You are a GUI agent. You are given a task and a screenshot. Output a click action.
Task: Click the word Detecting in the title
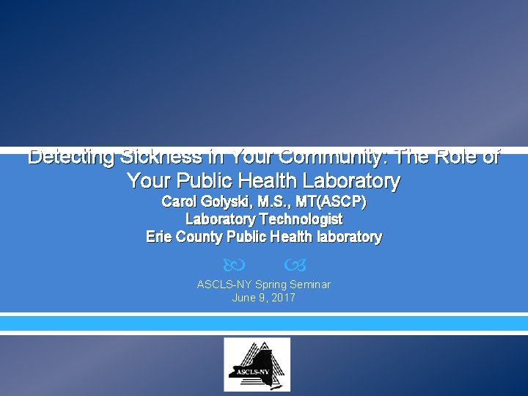coord(71,157)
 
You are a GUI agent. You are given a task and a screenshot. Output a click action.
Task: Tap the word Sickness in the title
coord(160,157)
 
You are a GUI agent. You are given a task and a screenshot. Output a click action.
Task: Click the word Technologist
coord(301,219)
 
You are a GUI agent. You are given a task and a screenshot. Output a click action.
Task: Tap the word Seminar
coord(311,285)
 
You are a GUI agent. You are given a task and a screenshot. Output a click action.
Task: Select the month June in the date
coord(244,298)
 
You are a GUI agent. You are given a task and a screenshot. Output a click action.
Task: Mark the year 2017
coord(282,298)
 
